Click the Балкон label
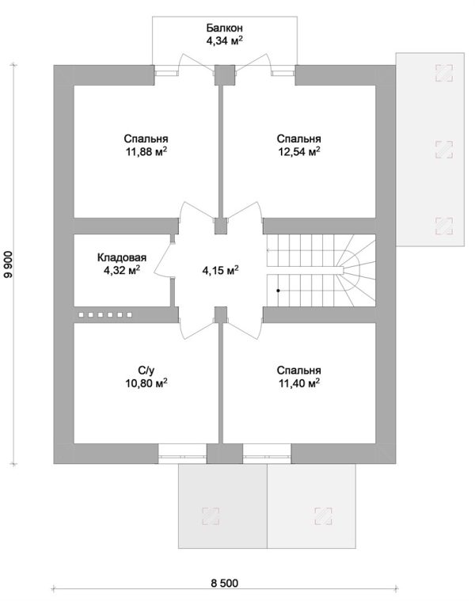pos(225,28)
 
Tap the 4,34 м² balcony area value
pos(225,40)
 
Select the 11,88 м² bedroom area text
pos(146,152)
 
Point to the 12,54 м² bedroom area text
pos(299,152)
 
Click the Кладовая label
pos(122,257)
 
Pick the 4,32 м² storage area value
pos(122,270)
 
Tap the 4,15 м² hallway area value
pos(221,270)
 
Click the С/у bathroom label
pos(146,371)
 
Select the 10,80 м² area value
pos(146,383)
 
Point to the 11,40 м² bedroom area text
pos(299,383)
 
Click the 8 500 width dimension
pos(225,583)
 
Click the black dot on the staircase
pos(278,291)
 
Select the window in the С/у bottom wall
pos(183,454)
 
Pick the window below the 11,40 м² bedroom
pos(267,454)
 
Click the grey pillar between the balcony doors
pos(224,75)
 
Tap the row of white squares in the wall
pos(105,314)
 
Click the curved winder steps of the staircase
pos(356,270)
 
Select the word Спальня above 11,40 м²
pos(299,371)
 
